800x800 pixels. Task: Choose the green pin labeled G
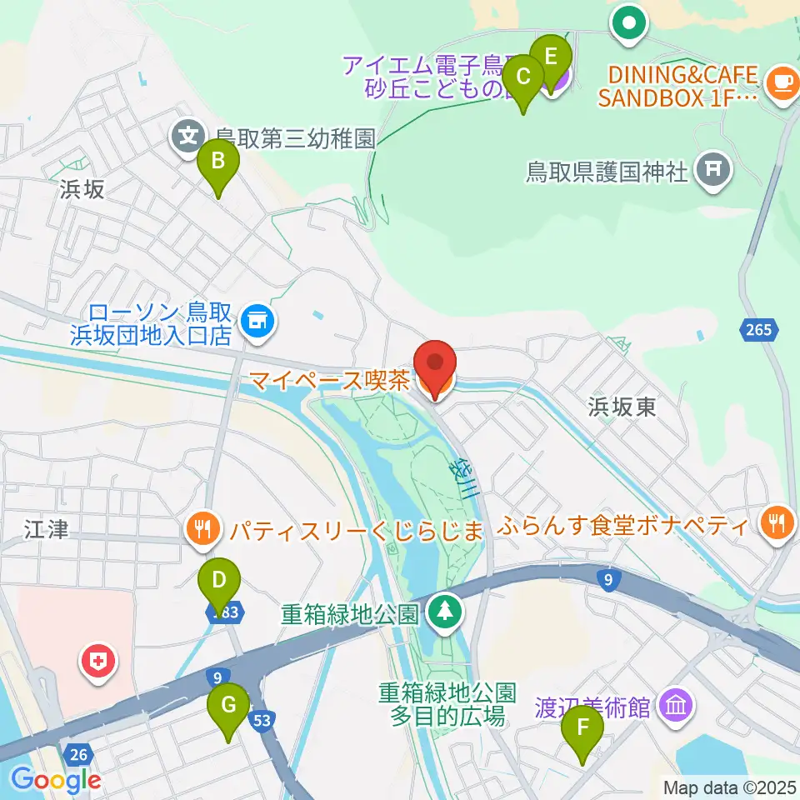pyautogui.click(x=228, y=709)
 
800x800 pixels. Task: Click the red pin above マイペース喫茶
pyautogui.click(x=436, y=367)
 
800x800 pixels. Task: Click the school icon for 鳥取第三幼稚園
pyautogui.click(x=190, y=133)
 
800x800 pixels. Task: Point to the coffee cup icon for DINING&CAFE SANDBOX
pyautogui.click(x=781, y=82)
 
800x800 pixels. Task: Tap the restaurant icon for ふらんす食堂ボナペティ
pyautogui.click(x=777, y=523)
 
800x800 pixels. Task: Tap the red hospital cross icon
pyautogui.click(x=98, y=664)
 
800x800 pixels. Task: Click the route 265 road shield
pyautogui.click(x=758, y=331)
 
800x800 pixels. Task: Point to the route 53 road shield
pyautogui.click(x=262, y=719)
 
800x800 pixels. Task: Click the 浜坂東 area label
pyautogui.click(x=622, y=407)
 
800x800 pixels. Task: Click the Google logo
pyautogui.click(x=55, y=780)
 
